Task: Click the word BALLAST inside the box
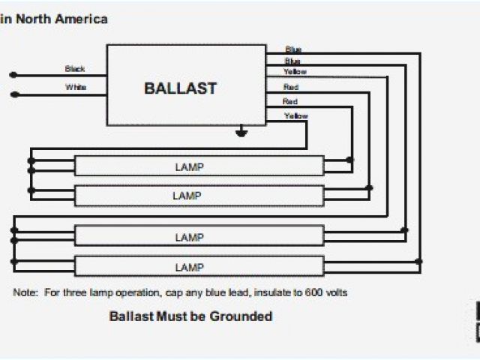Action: tap(180, 88)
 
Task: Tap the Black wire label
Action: tap(75, 69)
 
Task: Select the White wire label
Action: tap(76, 87)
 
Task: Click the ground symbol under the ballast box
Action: tap(241, 134)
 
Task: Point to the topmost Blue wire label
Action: tap(293, 50)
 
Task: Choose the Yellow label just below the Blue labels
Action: tap(295, 72)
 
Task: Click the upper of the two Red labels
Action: tap(291, 87)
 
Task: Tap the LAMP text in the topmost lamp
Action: tap(189, 166)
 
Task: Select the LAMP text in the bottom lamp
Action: tap(189, 266)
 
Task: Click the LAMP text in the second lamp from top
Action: tap(189, 195)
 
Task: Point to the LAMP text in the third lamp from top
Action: tap(189, 237)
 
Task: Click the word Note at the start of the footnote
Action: tap(25, 292)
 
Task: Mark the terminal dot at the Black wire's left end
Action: tap(12, 74)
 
